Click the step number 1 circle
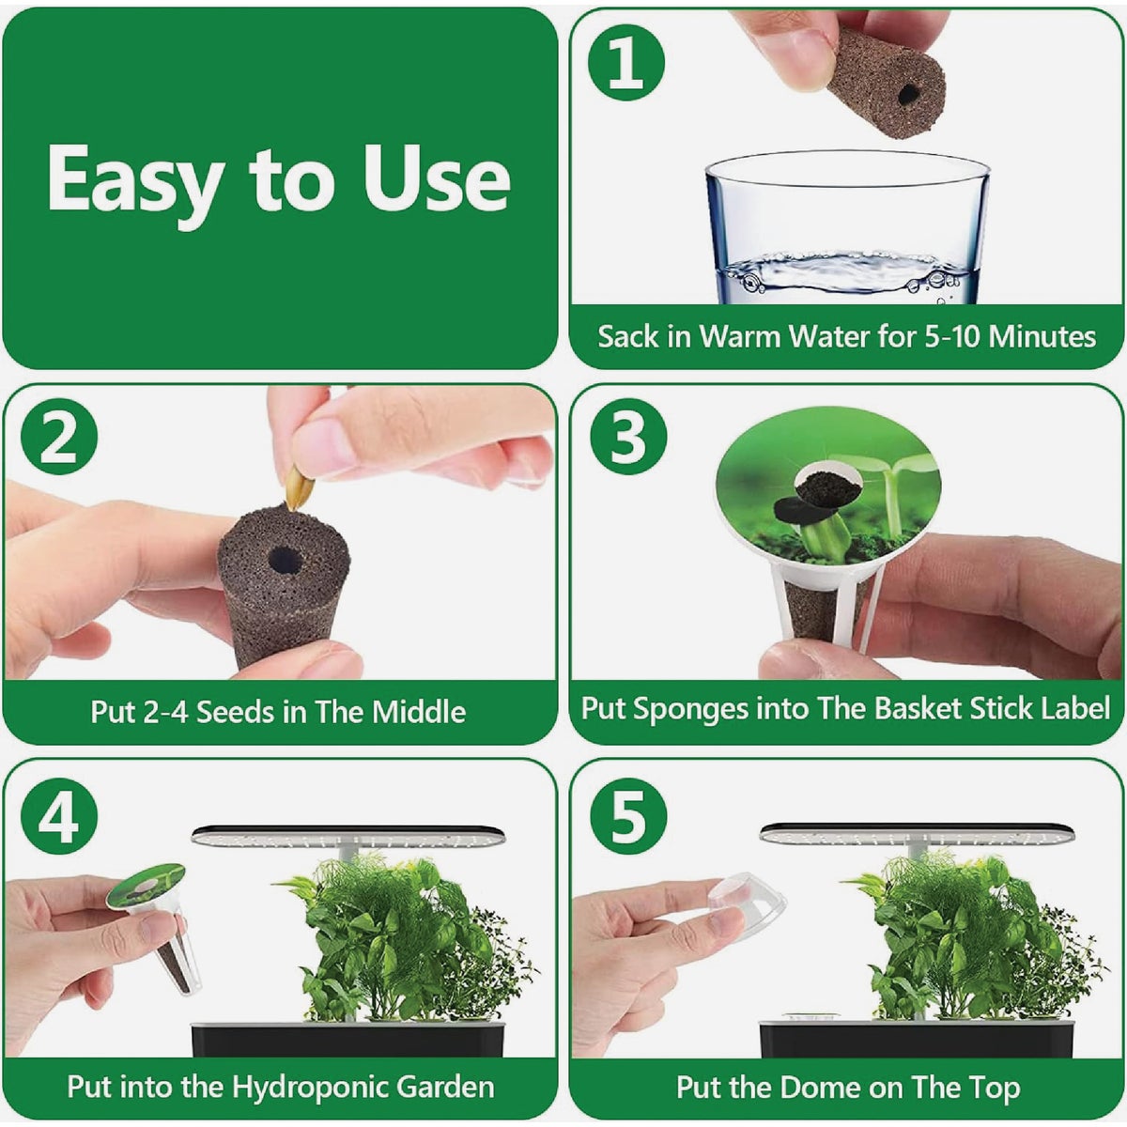tap(626, 64)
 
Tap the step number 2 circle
tap(58, 438)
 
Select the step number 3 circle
tap(626, 438)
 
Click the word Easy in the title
tap(131, 180)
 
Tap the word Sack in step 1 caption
tap(628, 336)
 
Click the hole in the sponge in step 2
tap(285, 562)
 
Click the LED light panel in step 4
tap(347, 835)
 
